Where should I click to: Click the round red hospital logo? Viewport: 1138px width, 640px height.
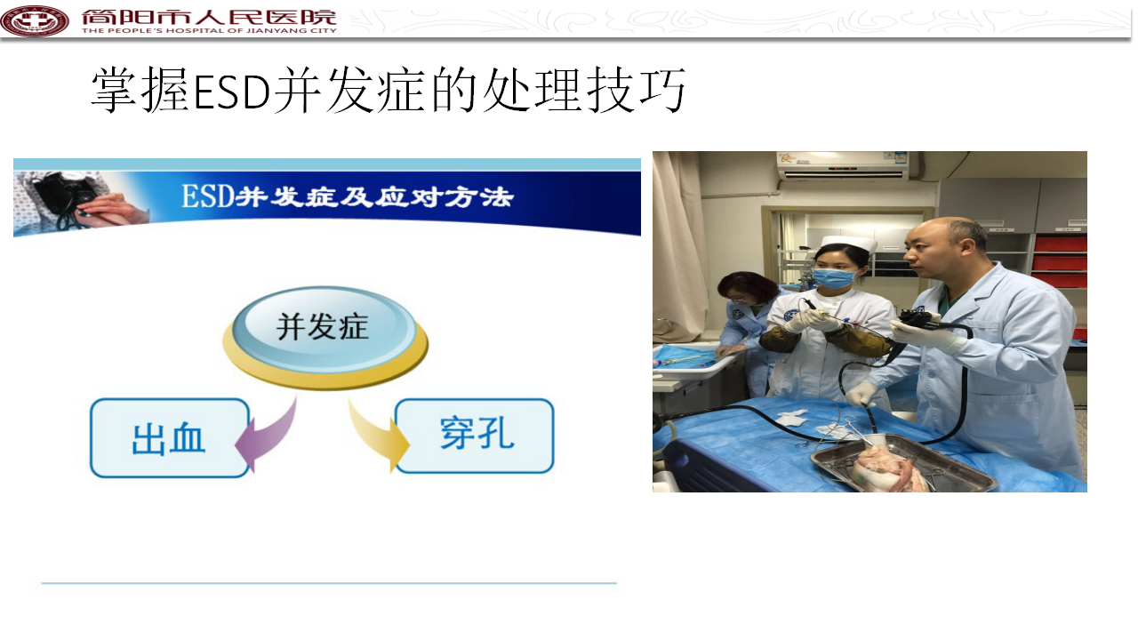click(35, 20)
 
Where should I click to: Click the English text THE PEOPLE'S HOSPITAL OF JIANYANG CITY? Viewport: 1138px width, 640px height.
click(209, 30)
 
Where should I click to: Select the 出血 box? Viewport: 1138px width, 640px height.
click(170, 438)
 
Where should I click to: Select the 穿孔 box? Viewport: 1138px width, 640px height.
click(475, 436)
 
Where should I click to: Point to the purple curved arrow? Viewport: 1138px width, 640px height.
click(266, 436)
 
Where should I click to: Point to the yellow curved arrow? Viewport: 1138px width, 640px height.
click(379, 435)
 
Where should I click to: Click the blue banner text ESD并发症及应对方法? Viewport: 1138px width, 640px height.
click(348, 196)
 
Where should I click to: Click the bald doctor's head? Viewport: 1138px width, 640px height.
click(945, 247)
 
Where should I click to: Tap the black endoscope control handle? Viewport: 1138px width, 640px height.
click(919, 319)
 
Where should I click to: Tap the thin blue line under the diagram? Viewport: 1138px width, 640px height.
click(329, 583)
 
